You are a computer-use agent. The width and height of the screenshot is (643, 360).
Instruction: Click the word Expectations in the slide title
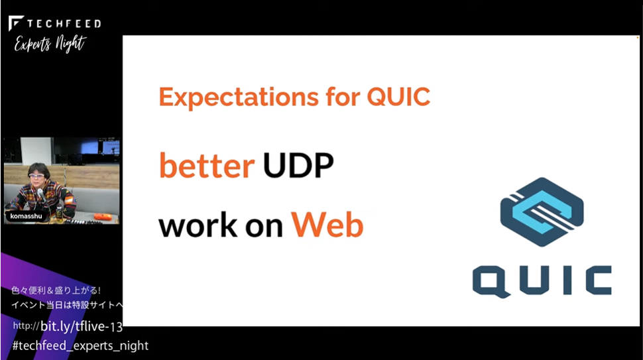[x=239, y=97]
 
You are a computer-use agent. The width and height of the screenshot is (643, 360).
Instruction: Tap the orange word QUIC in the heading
[x=398, y=97]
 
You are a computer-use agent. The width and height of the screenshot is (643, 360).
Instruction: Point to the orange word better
[x=207, y=165]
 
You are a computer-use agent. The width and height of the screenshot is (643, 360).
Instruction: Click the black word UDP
[x=298, y=165]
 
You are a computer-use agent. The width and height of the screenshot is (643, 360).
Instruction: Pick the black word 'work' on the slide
[x=198, y=225]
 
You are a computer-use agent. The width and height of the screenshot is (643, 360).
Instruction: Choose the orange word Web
[x=327, y=225]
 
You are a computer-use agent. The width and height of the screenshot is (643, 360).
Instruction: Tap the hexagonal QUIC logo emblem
[x=542, y=211]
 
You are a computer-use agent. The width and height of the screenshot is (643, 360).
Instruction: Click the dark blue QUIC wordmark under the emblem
[x=542, y=281]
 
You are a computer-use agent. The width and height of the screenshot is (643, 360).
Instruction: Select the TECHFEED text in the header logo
[x=64, y=23]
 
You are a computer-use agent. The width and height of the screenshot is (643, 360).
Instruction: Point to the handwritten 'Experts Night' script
[x=50, y=44]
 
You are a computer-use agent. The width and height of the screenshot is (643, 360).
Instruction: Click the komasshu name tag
[x=26, y=216]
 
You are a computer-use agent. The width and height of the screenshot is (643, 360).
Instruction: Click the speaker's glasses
[x=36, y=176]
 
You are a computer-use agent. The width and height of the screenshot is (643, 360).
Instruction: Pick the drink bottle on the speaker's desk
[x=59, y=213]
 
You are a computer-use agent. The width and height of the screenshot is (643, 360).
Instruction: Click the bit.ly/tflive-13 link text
[x=82, y=326]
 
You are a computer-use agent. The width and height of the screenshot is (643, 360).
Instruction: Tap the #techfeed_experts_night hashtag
[x=80, y=345]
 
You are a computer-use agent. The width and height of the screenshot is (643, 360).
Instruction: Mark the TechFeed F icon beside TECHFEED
[x=16, y=23]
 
